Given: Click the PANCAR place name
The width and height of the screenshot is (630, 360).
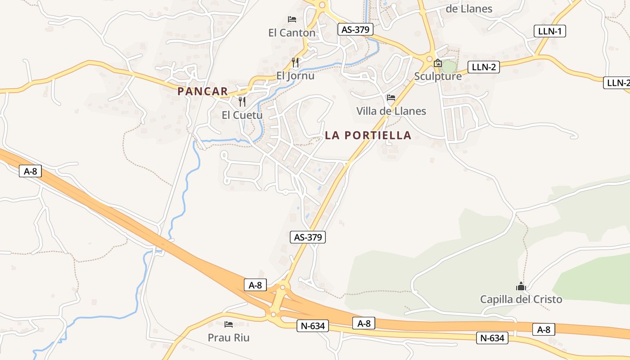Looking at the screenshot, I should point(202,91).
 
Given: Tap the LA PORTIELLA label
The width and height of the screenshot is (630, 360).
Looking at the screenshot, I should point(368,135).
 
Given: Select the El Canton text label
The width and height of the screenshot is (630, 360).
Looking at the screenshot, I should point(292,33).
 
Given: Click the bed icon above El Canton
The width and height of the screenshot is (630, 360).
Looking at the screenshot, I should point(292,19).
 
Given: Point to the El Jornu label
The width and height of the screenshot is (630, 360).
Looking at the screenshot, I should point(295,76).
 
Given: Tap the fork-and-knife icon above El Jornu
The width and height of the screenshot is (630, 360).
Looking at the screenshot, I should point(295,62).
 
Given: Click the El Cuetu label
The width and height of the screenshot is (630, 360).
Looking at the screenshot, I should point(242,115).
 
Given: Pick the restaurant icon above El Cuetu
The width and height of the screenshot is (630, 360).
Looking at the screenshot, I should point(242,101).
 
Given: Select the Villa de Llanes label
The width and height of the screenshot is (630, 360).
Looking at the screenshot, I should point(391,111).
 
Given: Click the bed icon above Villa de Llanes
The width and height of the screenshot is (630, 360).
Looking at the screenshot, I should point(391,97).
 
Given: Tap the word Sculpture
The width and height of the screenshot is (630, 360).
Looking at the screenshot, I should point(438,76).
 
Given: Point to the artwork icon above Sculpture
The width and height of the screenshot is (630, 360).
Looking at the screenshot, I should point(438,63).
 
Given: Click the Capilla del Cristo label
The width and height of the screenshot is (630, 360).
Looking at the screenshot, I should point(521,300).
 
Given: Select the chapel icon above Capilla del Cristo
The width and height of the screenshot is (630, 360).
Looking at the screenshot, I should point(521,286).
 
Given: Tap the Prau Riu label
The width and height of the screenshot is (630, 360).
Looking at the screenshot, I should point(229,337).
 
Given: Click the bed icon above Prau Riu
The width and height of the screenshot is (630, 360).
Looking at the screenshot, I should point(229,324).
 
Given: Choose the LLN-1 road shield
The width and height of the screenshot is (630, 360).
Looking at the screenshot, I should point(549,31).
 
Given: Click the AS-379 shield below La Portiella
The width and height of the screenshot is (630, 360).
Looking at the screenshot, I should point(309,237).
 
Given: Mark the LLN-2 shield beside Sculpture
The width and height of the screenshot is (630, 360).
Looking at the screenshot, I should point(484,67).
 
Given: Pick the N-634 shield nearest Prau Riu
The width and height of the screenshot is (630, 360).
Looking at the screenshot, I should point(313,326).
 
